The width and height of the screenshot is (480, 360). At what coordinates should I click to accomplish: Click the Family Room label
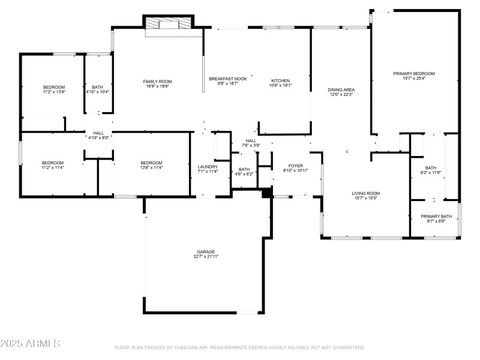point(157,82)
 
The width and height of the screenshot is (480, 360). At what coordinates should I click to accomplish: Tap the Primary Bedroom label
point(414,74)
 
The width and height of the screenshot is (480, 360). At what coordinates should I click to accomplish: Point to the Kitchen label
point(280,80)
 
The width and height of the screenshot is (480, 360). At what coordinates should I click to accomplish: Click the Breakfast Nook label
point(227,79)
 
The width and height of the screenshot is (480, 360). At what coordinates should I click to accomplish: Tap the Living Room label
point(365,193)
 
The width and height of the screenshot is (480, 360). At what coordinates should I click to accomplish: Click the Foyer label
point(295,166)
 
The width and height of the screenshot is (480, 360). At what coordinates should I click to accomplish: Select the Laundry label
point(208,167)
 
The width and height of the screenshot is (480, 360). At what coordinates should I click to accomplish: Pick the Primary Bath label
point(436,216)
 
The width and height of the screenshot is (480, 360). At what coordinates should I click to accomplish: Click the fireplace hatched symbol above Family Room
point(169,23)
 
